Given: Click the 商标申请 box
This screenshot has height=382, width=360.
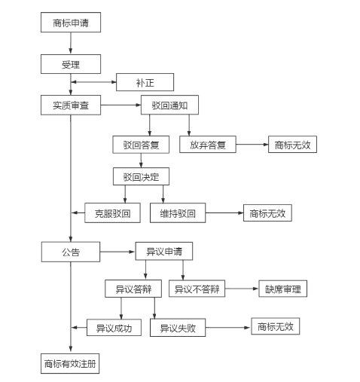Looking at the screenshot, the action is click(x=71, y=23).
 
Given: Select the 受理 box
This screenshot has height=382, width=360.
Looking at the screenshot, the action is click(x=71, y=64).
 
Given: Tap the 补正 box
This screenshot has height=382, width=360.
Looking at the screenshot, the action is click(x=145, y=82).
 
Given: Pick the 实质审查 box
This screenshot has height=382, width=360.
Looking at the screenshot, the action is click(x=71, y=105).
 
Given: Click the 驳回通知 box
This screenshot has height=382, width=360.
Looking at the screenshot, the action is click(x=169, y=105).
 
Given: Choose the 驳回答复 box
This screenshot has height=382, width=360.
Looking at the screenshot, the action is click(x=141, y=145).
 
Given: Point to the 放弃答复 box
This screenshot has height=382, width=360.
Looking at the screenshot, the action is click(x=208, y=145).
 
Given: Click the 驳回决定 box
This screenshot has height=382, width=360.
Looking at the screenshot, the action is click(x=141, y=176).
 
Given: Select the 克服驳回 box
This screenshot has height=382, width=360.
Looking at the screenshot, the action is click(x=112, y=213).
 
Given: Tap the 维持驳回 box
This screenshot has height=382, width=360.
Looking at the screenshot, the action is click(x=178, y=213).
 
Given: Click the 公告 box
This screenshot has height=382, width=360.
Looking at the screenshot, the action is click(x=71, y=252).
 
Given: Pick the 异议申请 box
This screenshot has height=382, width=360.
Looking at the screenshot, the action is click(x=164, y=251).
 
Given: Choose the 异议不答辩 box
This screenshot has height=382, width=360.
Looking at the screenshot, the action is click(x=197, y=289).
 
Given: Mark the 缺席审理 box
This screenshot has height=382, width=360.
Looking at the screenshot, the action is click(x=283, y=289).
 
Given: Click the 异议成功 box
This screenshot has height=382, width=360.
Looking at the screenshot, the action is click(x=114, y=328).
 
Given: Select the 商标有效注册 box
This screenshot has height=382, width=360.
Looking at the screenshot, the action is click(x=70, y=363).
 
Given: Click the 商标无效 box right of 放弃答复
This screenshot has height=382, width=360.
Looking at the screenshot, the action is click(x=292, y=145).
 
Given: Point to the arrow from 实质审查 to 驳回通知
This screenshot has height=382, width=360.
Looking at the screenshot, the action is click(x=121, y=105).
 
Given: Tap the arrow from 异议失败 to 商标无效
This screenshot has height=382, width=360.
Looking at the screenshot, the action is click(x=228, y=328).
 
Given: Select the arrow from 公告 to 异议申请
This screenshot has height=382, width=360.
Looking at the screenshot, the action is click(x=117, y=252).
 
